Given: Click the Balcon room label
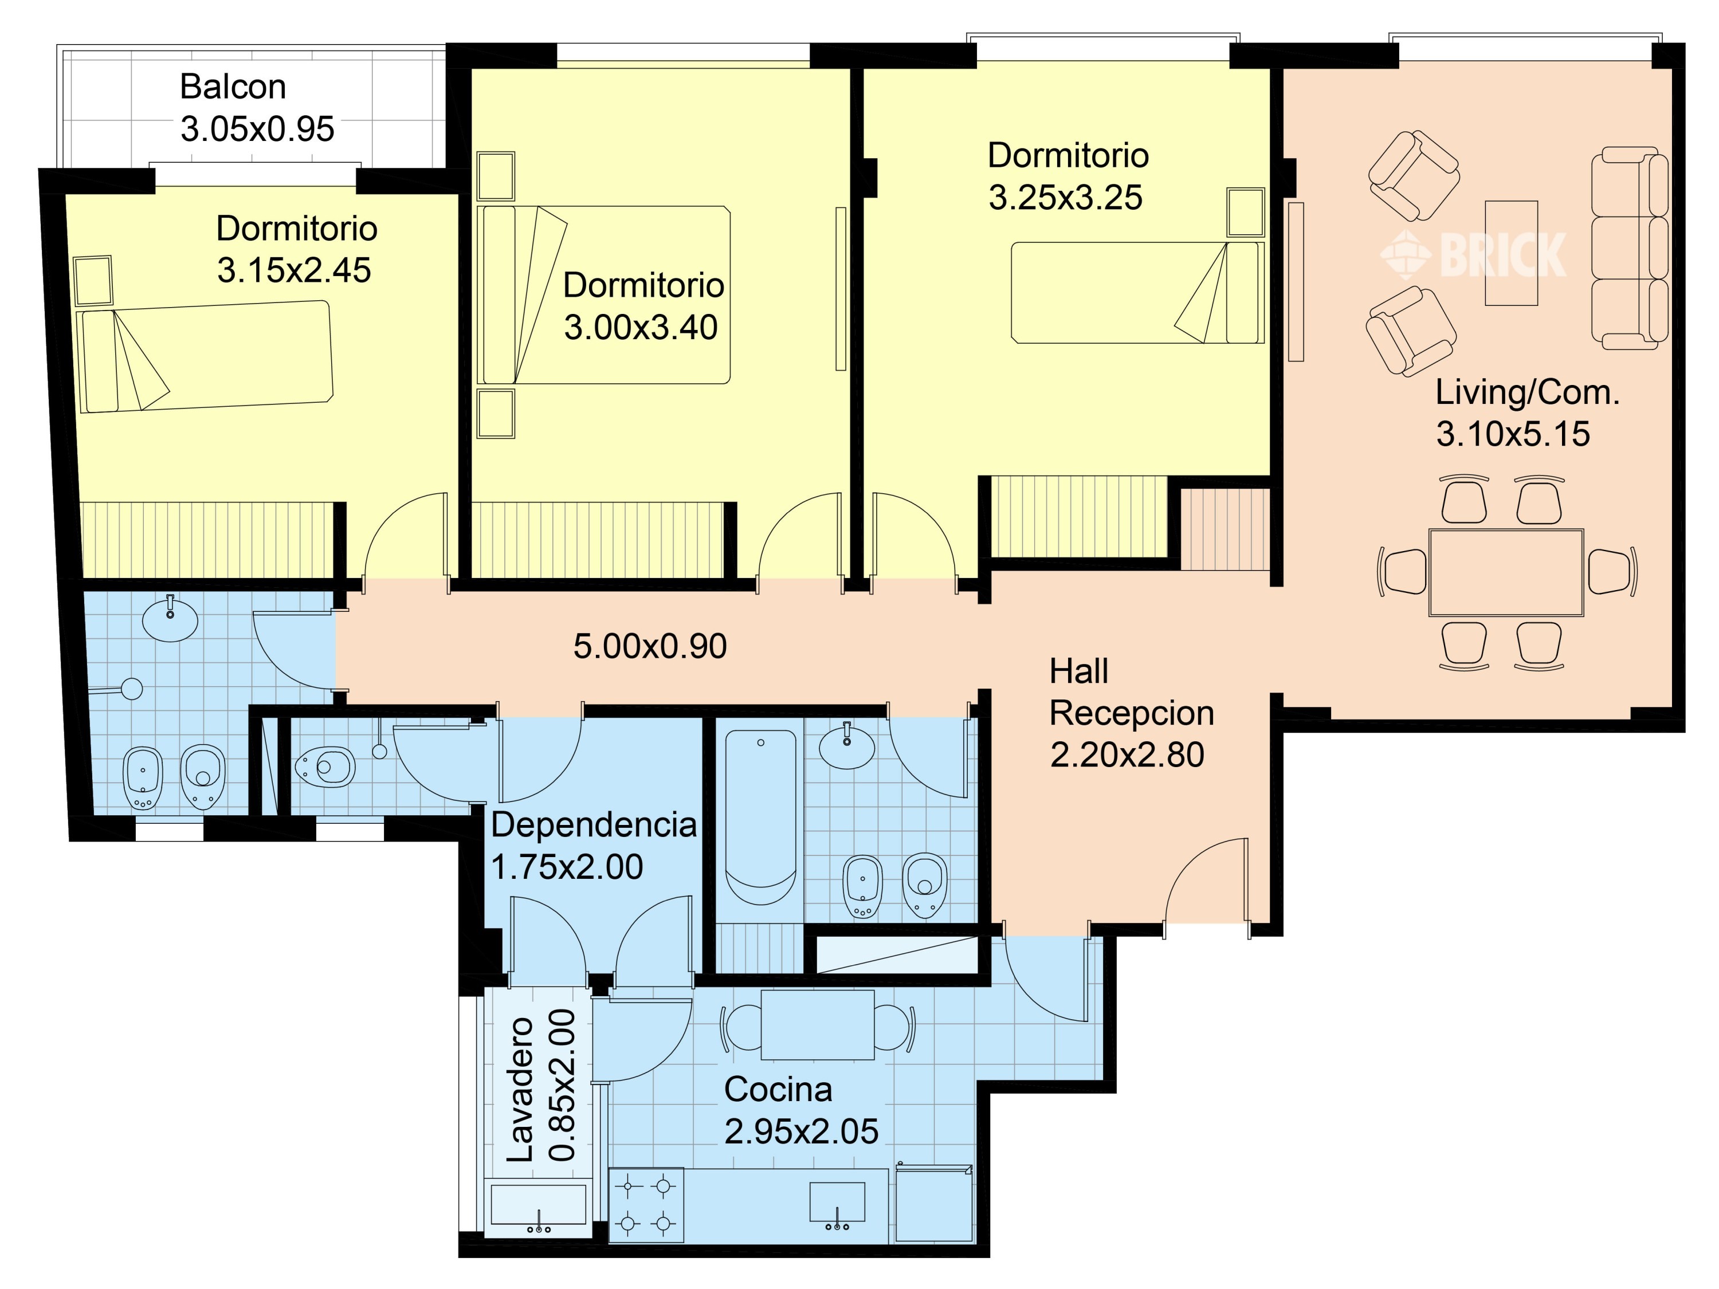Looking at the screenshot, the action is [x=233, y=87].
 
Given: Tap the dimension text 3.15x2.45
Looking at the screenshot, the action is [x=294, y=270].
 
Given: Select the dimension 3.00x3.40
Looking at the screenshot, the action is [x=641, y=327].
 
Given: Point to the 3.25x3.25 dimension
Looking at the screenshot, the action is [x=1065, y=197].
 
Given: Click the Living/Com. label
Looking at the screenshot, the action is [x=1527, y=392].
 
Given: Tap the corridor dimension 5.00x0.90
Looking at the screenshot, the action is [x=650, y=646].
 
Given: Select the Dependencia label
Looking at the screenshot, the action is [x=594, y=824].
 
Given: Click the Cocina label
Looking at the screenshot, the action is [x=778, y=1089].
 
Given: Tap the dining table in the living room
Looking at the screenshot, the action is [x=1506, y=573].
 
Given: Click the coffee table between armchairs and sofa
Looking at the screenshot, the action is [x=1512, y=253].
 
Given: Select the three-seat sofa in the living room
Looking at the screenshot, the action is [x=1630, y=248].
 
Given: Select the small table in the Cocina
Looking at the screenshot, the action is [x=818, y=1025].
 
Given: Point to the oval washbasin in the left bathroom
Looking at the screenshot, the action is [x=170, y=619].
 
